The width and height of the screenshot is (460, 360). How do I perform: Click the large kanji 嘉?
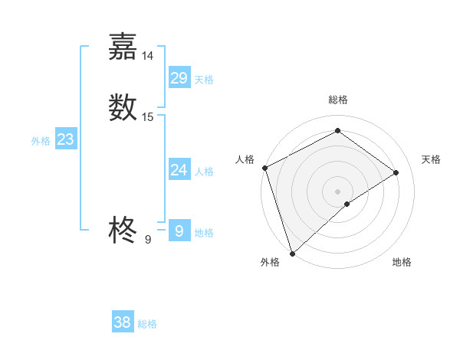pos(123,47)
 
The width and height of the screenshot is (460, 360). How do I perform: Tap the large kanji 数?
pos(123,107)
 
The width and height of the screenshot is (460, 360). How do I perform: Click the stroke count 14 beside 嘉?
pos(148,56)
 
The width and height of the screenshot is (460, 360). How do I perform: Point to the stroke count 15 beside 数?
pos(148,117)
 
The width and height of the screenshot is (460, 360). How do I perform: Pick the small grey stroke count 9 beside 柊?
pos(148,240)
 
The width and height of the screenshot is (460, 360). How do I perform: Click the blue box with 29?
pos(179,78)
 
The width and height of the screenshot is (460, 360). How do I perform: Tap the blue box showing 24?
pos(179,170)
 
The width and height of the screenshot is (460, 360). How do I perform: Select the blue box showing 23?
pos(65,139)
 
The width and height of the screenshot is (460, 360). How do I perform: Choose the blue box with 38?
pos(123,322)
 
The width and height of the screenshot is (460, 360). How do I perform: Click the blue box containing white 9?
pos(179,231)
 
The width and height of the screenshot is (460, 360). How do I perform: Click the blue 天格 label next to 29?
pos(204,80)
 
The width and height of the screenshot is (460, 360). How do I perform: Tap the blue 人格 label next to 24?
pos(204,172)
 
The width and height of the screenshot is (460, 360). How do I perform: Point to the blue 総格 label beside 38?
pos(147,324)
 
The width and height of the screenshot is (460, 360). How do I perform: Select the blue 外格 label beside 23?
pos(41,141)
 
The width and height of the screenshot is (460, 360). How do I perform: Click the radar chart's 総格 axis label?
pos(337,100)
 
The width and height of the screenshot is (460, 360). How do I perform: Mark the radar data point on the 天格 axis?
pos(396,172)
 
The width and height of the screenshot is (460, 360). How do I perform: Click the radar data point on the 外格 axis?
pos(291,252)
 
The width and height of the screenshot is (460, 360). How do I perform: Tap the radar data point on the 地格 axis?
pos(347,204)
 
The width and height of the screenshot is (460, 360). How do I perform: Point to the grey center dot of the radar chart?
pos(337,191)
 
